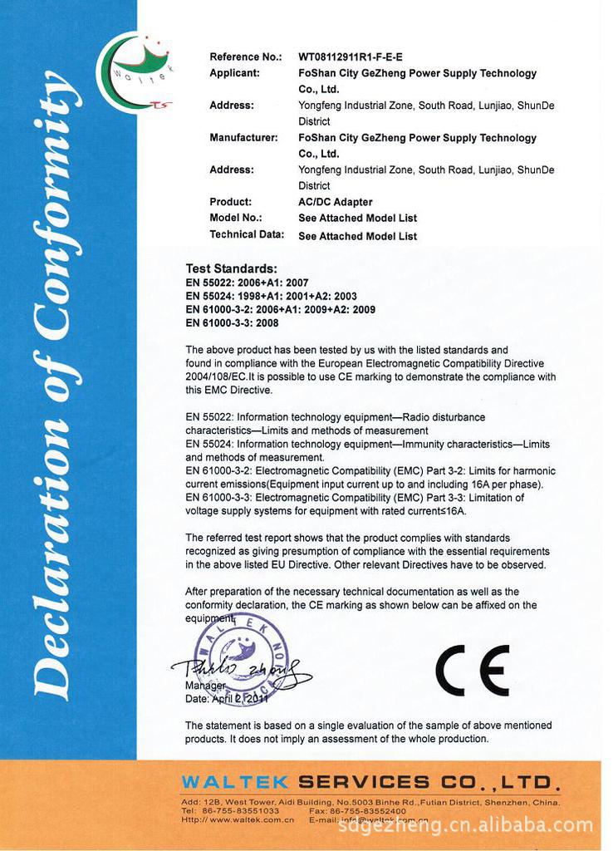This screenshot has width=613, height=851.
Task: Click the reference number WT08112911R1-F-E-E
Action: [350, 57]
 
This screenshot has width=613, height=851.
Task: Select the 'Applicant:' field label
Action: [234, 73]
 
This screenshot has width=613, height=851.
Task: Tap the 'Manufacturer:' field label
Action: [243, 137]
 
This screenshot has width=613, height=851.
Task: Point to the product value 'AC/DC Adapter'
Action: [335, 202]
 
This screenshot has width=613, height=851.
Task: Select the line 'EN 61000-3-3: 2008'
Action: [232, 322]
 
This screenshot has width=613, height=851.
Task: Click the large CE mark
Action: [472, 671]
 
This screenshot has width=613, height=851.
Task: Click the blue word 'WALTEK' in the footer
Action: [234, 782]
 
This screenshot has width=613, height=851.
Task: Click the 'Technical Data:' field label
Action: [247, 234]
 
